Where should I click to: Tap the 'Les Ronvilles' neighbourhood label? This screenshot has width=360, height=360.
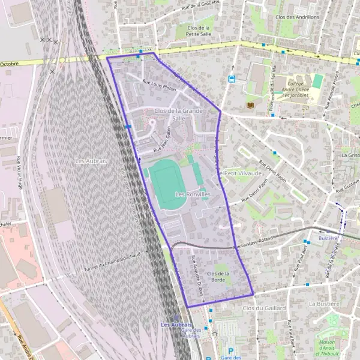[x=193, y=195]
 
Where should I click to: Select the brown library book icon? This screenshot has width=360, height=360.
[x=250, y=106]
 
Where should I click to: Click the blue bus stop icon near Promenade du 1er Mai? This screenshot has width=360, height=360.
[x=232, y=79]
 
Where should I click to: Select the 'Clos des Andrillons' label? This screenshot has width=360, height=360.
[x=296, y=17]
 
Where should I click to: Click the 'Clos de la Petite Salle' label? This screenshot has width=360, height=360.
[x=199, y=31]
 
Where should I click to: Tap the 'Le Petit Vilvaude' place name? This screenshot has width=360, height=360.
[x=241, y=173]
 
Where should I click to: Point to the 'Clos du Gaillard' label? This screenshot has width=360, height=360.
[x=264, y=308]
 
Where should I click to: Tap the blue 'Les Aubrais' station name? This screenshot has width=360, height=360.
[x=176, y=325]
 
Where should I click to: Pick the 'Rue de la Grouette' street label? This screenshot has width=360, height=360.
[x=200, y=7]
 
